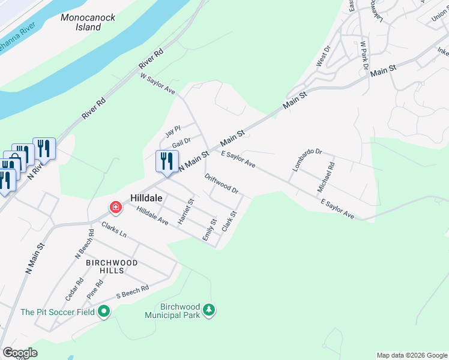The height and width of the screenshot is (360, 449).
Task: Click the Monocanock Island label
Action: (88, 22)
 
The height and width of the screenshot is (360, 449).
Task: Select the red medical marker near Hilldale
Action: (115, 208)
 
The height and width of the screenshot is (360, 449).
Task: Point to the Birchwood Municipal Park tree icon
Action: (209, 310)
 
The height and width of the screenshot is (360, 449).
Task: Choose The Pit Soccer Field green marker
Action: (104, 311)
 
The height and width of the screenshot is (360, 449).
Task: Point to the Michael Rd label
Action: (325, 176)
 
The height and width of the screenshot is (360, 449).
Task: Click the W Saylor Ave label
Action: (157, 85)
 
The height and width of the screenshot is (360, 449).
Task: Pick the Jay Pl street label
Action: (173, 133)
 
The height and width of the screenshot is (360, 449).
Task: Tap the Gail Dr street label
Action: (181, 143)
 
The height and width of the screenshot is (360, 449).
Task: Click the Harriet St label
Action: (185, 212)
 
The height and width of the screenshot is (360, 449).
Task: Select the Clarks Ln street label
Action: (114, 230)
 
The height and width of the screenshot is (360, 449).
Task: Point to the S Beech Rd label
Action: (132, 292)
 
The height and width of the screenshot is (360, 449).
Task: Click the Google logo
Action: (20, 353)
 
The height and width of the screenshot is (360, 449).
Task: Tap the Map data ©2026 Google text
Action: (411, 355)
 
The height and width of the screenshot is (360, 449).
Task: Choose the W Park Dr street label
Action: (363, 56)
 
